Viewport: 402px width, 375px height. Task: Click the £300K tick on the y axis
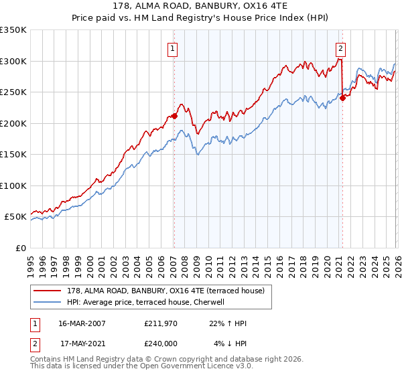pyautogui.click(x=13, y=61)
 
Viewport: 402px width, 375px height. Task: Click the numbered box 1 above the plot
pyautogui.click(x=173, y=48)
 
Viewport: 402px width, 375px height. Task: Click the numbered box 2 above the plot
pyautogui.click(x=341, y=48)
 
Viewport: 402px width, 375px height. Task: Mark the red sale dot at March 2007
pyautogui.click(x=174, y=116)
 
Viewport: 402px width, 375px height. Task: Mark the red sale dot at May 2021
pyautogui.click(x=342, y=98)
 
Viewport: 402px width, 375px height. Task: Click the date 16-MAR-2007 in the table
pyautogui.click(x=82, y=323)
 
